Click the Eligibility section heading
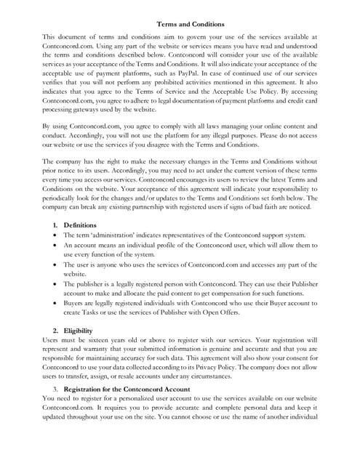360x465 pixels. (79, 331)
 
